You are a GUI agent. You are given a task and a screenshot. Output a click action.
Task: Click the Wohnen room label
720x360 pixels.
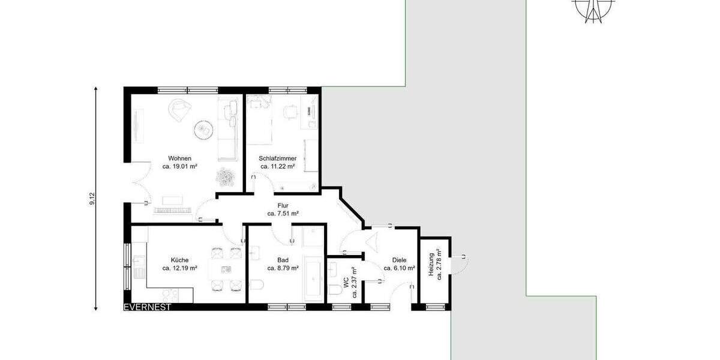pyautogui.click(x=179, y=158)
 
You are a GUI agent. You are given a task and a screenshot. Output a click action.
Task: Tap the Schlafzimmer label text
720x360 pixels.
pyautogui.click(x=278, y=158)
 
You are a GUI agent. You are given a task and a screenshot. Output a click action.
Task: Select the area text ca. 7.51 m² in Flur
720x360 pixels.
pyautogui.click(x=283, y=213)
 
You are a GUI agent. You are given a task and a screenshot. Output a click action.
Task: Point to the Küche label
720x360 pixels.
pyautogui.click(x=179, y=260)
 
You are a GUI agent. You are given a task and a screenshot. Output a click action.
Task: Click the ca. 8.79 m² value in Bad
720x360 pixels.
pyautogui.click(x=283, y=268)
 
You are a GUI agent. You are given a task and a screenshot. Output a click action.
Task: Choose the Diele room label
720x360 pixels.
pyautogui.click(x=399, y=260)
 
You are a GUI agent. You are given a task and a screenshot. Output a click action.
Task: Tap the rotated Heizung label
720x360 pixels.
pyautogui.click(x=431, y=265)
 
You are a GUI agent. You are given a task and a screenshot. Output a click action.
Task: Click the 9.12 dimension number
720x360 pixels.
pyautogui.click(x=92, y=199)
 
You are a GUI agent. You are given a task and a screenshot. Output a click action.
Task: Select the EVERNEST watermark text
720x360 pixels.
pyautogui.click(x=147, y=307)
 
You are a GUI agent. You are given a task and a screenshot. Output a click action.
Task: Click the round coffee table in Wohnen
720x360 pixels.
pyautogui.click(x=202, y=128)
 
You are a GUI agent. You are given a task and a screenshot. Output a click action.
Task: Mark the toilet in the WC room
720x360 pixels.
pyautogui.click(x=336, y=290)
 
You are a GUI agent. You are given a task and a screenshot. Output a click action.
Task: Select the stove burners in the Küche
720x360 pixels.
pyautogui.click(x=170, y=294)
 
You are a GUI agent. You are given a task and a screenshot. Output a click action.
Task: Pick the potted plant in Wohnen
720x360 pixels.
pyautogui.click(x=226, y=176)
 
